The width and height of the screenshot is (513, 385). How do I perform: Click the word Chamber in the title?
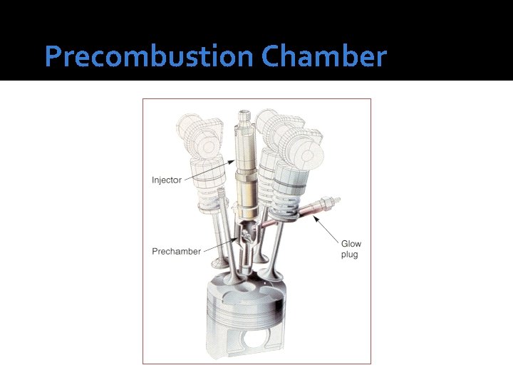pos(323,57)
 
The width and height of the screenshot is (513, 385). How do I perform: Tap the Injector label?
pos(167,180)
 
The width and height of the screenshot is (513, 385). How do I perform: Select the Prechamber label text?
pos(176,251)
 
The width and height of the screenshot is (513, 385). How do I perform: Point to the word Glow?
pos(351,244)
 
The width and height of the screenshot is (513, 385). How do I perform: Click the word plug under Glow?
pos(349,255)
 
